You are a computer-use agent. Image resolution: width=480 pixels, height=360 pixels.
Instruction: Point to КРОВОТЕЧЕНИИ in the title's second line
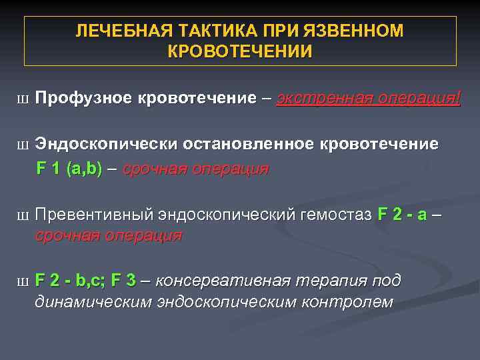(240, 51)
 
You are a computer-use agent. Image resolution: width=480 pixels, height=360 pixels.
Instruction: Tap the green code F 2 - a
(403, 215)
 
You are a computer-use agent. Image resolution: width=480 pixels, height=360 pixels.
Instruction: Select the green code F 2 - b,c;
(70, 281)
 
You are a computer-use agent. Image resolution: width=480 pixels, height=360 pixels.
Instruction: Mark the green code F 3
(123, 281)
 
